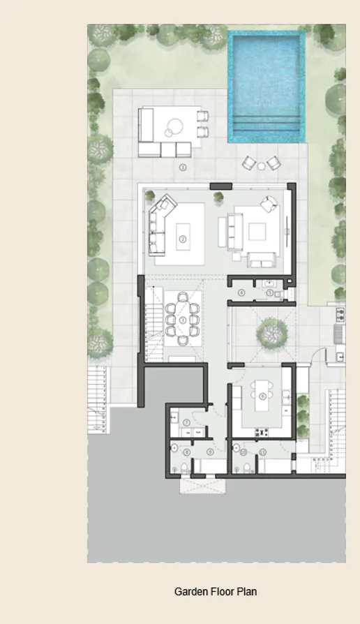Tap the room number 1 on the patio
(183, 168)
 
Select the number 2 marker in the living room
(183, 239)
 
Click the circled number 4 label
(241, 293)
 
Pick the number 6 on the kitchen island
(262, 396)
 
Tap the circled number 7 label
(187, 423)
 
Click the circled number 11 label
(263, 452)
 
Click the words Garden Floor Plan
(216, 592)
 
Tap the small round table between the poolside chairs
(261, 165)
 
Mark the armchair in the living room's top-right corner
(269, 206)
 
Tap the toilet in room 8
(180, 466)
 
